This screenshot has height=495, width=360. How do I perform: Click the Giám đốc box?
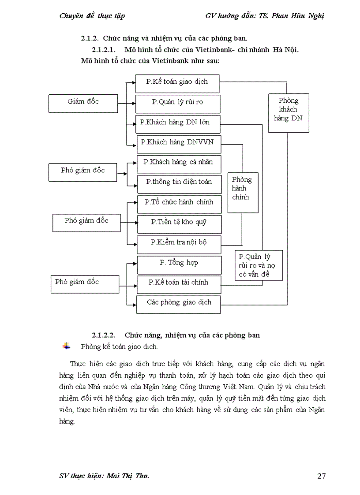pyautogui.click(x=83, y=103)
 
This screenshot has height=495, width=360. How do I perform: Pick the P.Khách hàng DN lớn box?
pyautogui.click(x=177, y=123)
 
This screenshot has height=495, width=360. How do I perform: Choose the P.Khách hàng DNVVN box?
pyautogui.click(x=178, y=143)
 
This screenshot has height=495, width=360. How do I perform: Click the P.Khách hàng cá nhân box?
pyautogui.click(x=178, y=163)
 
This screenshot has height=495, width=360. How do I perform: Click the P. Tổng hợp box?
pyautogui.click(x=179, y=264)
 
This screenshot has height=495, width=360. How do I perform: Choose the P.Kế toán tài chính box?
pyautogui.click(x=179, y=284)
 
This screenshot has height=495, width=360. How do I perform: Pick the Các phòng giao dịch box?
pyautogui.click(x=179, y=304)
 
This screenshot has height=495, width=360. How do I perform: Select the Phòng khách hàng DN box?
pyautogui.click(x=289, y=112)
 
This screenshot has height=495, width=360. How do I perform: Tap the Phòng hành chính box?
pyautogui.click(x=243, y=192)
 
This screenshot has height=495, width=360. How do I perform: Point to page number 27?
pyautogui.click(x=322, y=476)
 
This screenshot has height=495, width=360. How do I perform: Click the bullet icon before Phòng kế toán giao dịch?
pyautogui.click(x=66, y=346)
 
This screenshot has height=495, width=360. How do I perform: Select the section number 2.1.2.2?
pyautogui.click(x=104, y=335)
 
